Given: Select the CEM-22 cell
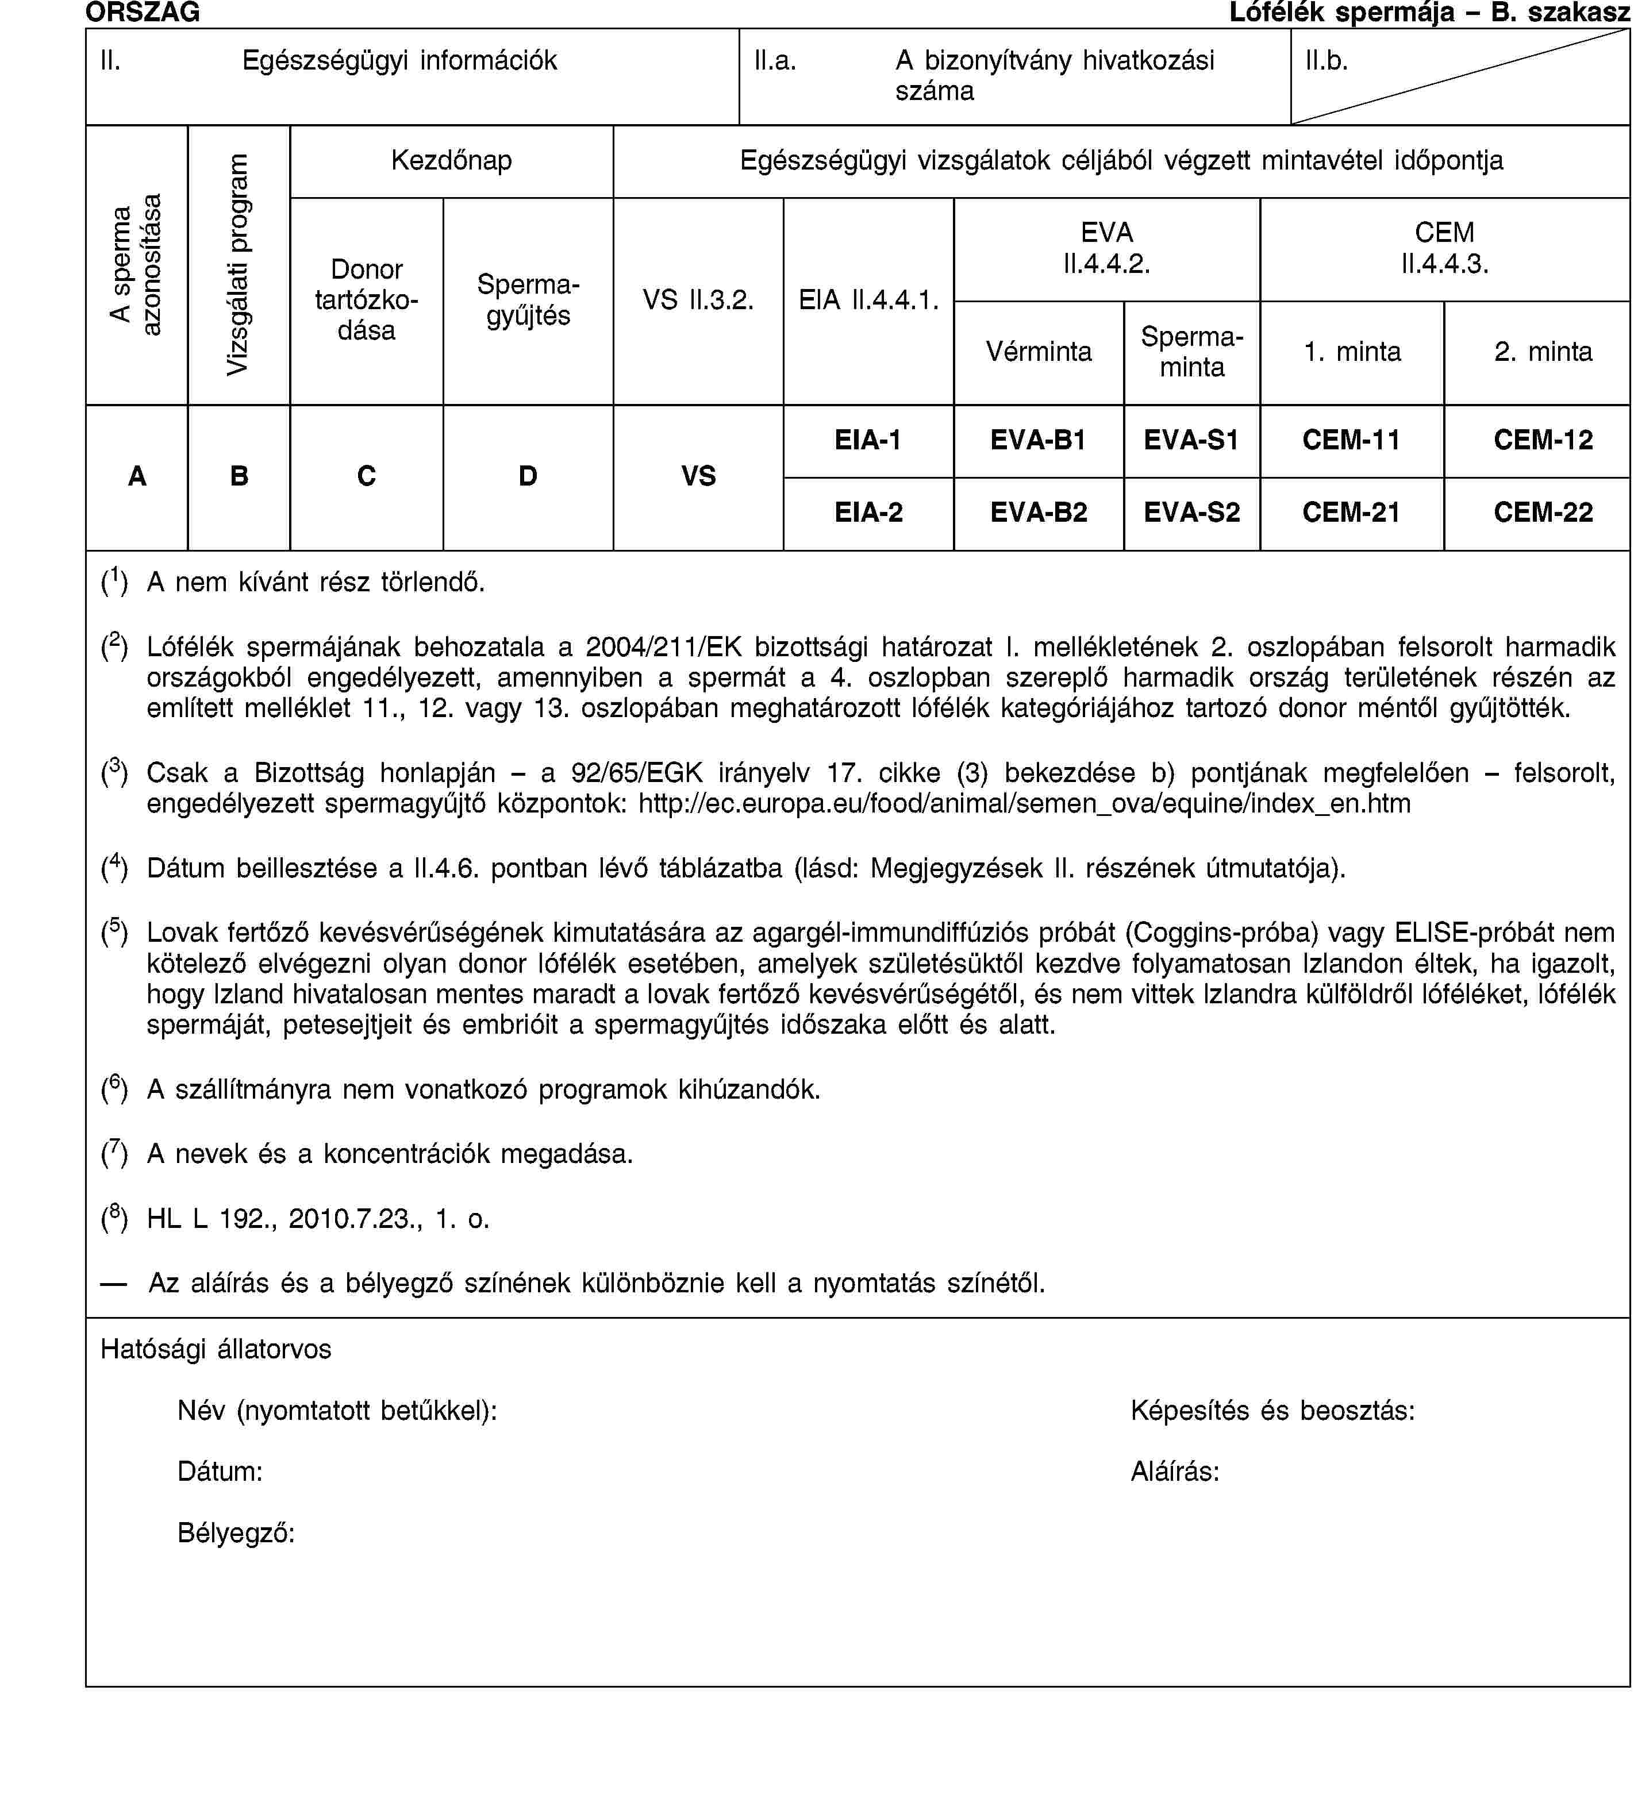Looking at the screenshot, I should (x=1543, y=513).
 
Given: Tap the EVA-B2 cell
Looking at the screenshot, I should (x=1038, y=513).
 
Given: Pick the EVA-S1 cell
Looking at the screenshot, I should (x=1191, y=440).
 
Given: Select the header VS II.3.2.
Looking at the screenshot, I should (x=698, y=300).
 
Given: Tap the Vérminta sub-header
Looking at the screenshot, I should (x=1038, y=352).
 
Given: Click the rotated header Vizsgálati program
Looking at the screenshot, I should (x=238, y=265).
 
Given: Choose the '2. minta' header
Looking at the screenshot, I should (x=1543, y=352).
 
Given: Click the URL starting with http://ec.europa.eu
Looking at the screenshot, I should (x=1024, y=803).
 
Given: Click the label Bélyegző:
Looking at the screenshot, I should (x=236, y=1532).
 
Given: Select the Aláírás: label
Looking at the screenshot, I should (x=1174, y=1472).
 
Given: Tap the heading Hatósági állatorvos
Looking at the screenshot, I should (x=216, y=1349).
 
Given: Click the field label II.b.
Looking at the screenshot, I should (x=1326, y=61).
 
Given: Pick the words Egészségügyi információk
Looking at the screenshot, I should (x=399, y=61).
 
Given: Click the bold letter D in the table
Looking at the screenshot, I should (x=528, y=476).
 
